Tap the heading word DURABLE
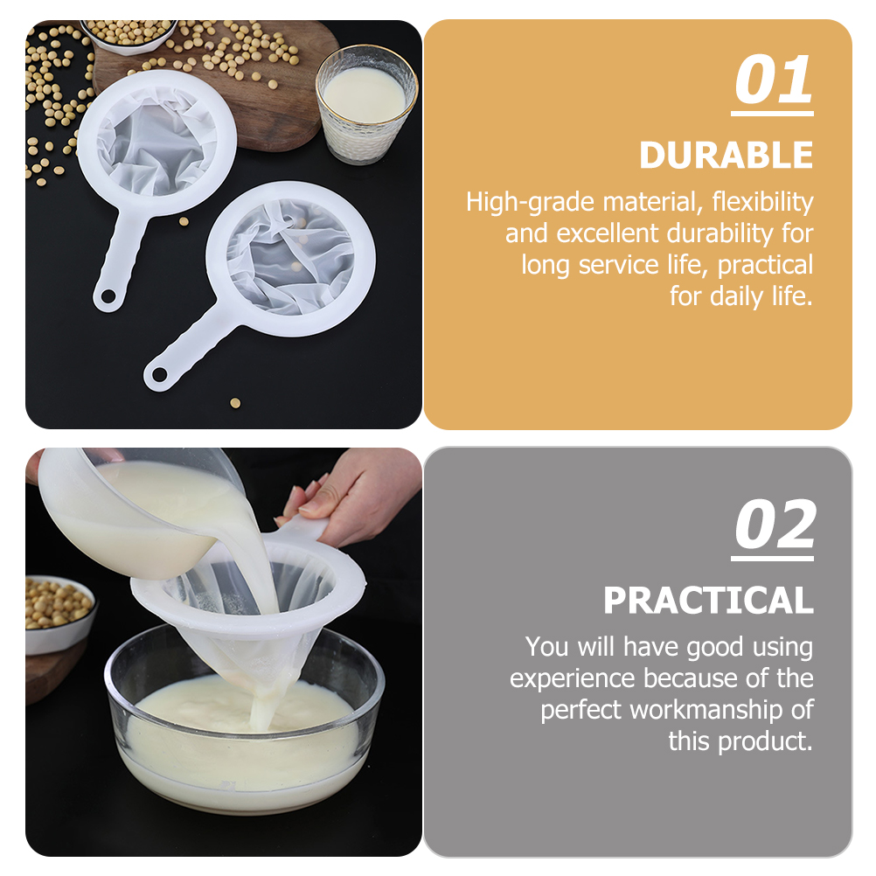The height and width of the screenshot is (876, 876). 726,155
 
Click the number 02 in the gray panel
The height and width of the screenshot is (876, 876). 775,525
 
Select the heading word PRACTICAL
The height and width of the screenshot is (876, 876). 708,600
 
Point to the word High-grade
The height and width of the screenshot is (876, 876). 529,202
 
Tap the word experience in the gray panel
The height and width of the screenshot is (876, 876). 573,678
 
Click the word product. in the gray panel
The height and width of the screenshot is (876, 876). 765,742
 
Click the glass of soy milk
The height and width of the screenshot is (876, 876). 366,104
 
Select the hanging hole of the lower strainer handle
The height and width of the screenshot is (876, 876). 159,374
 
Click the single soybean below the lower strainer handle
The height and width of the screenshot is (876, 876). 235,403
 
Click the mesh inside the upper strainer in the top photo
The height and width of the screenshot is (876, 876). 156,143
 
